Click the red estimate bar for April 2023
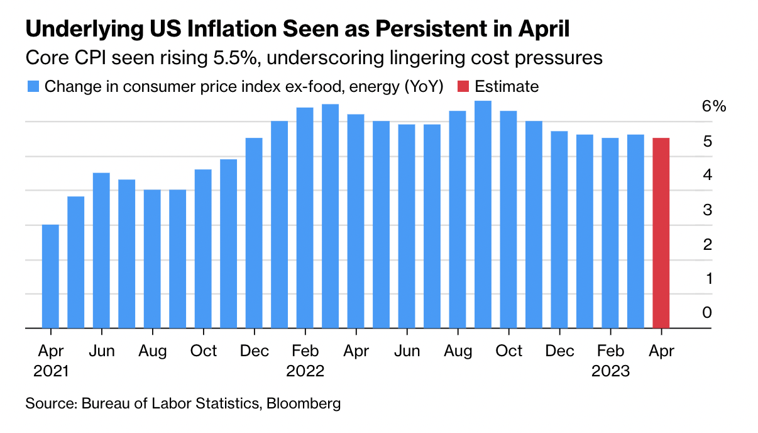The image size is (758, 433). [661, 233]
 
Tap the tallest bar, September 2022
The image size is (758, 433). [483, 214]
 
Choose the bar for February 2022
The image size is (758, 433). [305, 218]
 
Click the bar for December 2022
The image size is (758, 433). [559, 229]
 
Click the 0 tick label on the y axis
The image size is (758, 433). [707, 312]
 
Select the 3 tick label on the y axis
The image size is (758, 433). [707, 210]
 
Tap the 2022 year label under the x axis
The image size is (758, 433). [305, 371]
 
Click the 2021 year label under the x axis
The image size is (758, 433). [50, 371]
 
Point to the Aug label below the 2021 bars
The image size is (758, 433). [152, 351]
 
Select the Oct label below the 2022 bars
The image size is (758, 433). [508, 351]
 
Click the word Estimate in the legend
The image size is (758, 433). [507, 86]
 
